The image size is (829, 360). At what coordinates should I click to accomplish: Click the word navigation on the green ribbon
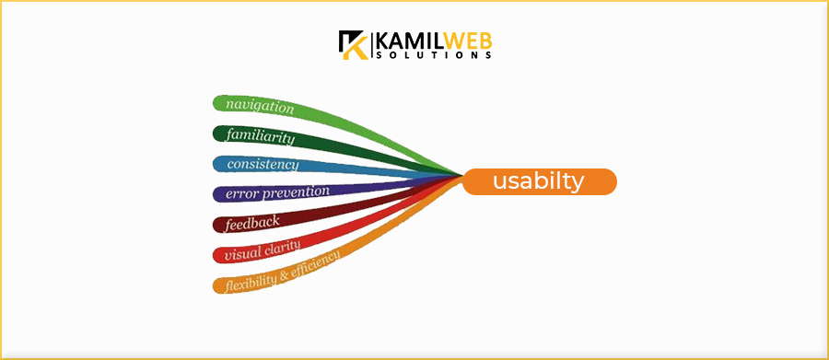[260, 107]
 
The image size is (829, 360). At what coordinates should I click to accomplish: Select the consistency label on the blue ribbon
[263, 165]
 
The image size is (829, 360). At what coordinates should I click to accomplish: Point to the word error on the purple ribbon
[240, 194]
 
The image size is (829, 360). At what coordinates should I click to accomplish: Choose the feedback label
[251, 222]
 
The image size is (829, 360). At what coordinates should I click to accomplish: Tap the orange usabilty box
[539, 182]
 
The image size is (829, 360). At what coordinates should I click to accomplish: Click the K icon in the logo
[353, 45]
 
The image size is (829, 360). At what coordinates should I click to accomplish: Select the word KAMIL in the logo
[407, 41]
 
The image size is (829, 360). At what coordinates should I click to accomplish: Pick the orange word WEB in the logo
[464, 41]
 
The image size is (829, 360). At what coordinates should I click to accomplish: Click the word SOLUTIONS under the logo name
[433, 56]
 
